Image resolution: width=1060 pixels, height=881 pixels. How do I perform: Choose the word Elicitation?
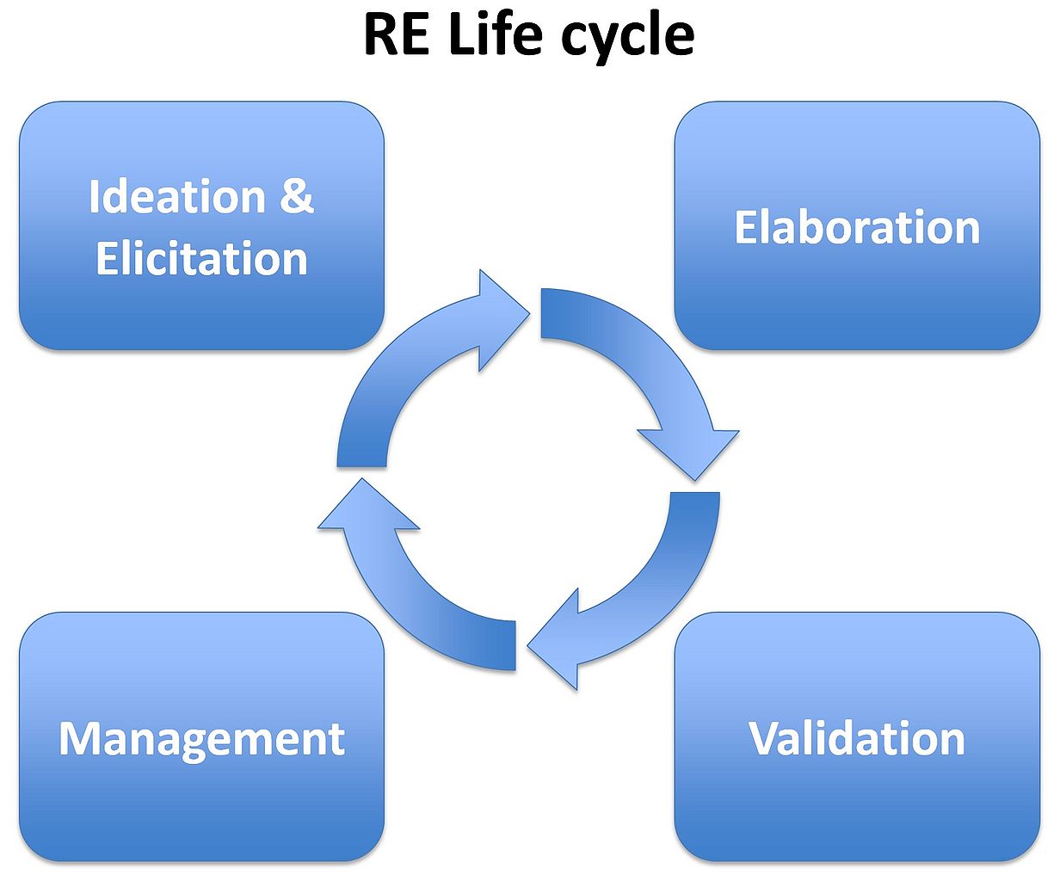click(x=201, y=258)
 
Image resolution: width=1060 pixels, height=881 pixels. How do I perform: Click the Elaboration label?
click(x=857, y=227)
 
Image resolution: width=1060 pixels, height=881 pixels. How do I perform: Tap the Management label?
click(x=201, y=738)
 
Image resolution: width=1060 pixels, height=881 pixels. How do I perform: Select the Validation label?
click(x=857, y=738)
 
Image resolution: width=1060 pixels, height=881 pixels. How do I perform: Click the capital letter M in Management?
click(x=77, y=738)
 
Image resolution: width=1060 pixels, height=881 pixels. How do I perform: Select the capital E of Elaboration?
click(x=746, y=227)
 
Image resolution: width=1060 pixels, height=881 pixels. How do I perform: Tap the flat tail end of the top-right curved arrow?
click(x=541, y=314)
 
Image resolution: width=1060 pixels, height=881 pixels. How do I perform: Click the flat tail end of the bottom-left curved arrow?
click(x=515, y=645)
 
